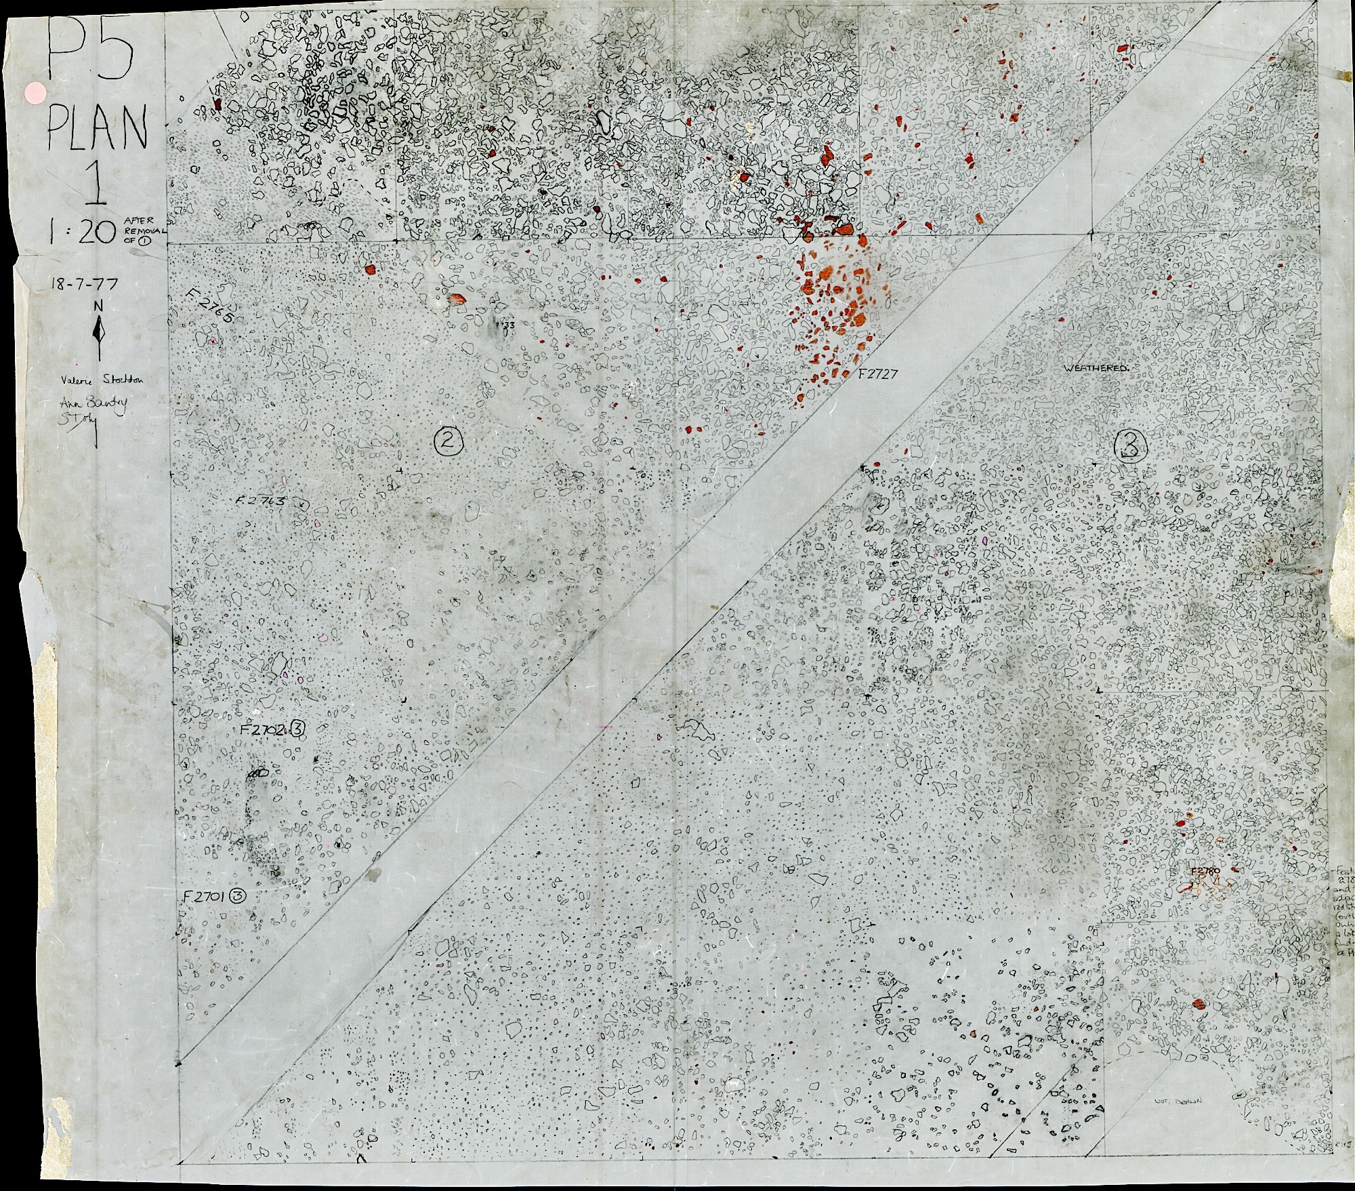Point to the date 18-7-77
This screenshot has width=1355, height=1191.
click(83, 285)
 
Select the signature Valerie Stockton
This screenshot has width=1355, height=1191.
click(99, 380)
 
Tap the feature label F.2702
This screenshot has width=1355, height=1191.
click(265, 729)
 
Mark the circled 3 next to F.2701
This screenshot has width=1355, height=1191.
click(237, 896)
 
